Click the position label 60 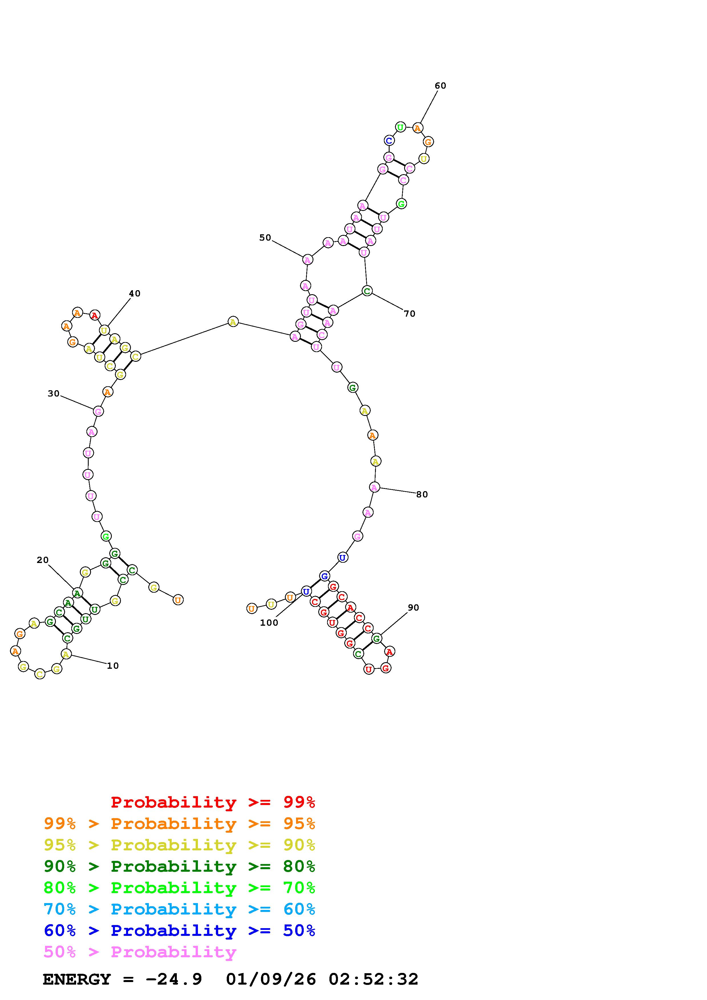(440, 86)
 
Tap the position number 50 (265, 238)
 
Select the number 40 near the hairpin (135, 294)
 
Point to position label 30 (54, 394)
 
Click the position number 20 (43, 560)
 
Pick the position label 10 (113, 666)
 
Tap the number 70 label (410, 314)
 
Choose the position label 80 (422, 494)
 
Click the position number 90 (414, 607)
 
